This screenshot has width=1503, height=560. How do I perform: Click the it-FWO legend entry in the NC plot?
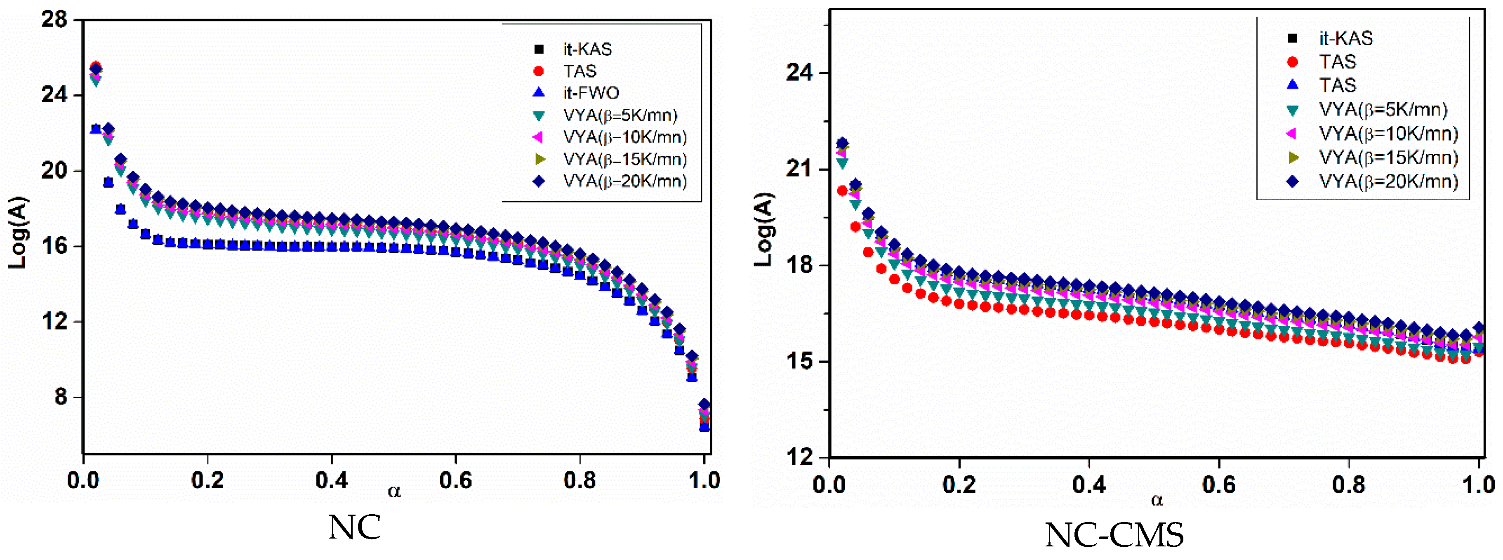(x=591, y=93)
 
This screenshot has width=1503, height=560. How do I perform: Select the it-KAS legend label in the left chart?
(x=587, y=49)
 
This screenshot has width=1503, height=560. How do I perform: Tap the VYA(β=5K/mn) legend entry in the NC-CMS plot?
(x=1383, y=110)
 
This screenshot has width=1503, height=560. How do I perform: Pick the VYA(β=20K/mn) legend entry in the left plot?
(x=624, y=181)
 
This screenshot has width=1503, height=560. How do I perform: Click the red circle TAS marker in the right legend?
(x=1292, y=62)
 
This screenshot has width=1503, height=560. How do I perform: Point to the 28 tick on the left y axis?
(x=55, y=20)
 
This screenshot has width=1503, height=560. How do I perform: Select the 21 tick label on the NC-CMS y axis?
(x=799, y=169)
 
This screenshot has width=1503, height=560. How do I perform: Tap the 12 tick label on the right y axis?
(x=799, y=457)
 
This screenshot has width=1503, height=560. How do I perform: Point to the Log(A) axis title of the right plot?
(x=764, y=229)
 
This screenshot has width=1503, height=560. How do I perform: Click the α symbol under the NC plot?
(x=394, y=492)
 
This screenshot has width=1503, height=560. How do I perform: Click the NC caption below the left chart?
(x=354, y=527)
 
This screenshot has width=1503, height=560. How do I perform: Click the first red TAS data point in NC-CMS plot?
(x=842, y=191)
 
